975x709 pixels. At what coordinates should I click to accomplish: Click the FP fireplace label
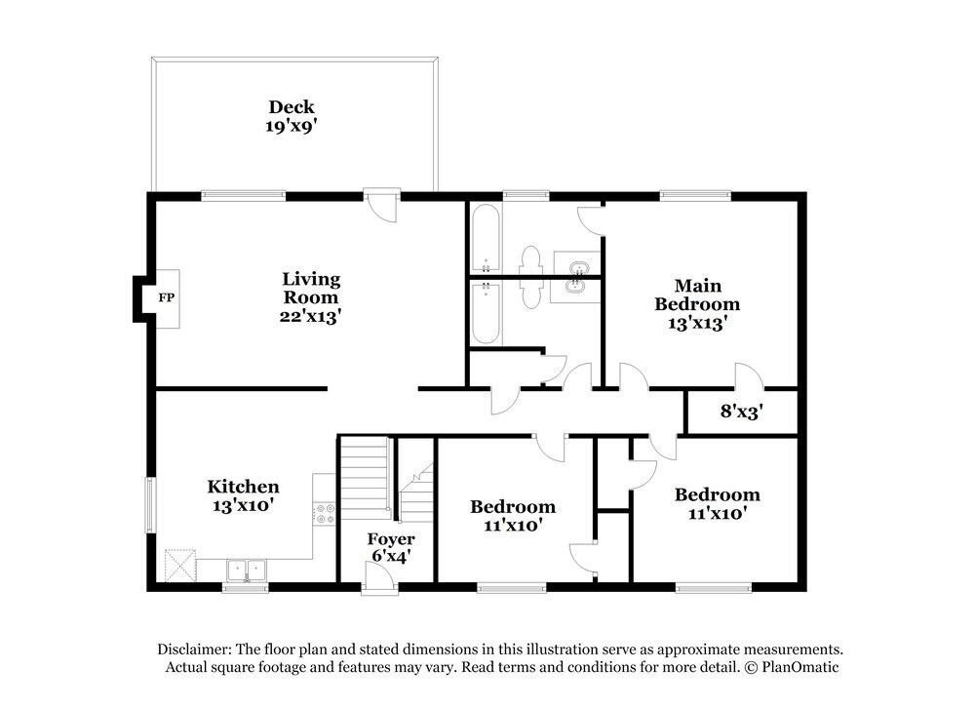coord(166,297)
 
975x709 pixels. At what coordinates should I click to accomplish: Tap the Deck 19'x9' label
coord(292,116)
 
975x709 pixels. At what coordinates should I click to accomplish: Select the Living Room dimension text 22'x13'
coord(311,316)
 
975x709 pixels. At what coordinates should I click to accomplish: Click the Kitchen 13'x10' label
coord(243,495)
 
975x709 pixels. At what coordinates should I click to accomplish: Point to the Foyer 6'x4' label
coord(390,547)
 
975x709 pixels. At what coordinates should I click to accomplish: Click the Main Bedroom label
coord(698,295)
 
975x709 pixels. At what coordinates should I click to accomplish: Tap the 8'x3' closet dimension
coord(741,412)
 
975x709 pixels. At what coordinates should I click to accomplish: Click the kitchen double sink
coord(246,569)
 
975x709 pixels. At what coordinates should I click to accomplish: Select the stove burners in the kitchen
coord(325,514)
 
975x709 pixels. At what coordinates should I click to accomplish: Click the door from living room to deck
coord(382,205)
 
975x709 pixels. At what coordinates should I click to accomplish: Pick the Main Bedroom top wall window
coord(694,195)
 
